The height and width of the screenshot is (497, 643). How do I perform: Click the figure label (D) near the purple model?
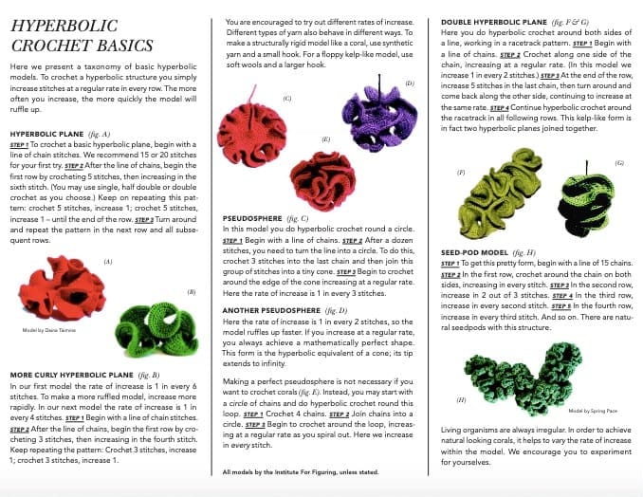pos(409,84)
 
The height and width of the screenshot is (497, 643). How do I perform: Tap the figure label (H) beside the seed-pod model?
pos(461,400)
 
